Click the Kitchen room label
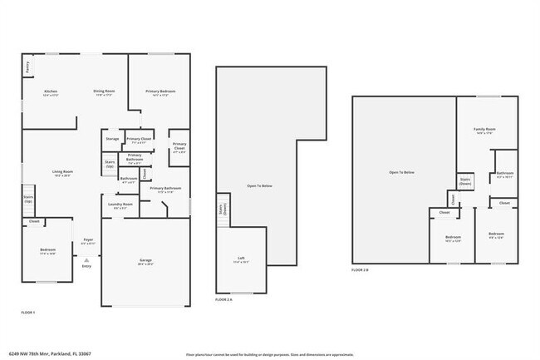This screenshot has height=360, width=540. click(x=51, y=91)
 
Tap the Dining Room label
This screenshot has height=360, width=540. click(x=104, y=91)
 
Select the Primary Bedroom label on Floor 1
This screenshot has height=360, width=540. click(x=159, y=91)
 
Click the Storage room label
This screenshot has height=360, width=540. click(x=112, y=139)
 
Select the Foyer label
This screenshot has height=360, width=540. click(x=87, y=241)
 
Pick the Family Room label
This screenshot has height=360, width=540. click(x=485, y=130)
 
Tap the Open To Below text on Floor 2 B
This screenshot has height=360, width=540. click(x=402, y=172)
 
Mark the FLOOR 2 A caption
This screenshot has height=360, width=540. click(x=223, y=298)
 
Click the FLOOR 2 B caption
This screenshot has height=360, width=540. click(x=361, y=270)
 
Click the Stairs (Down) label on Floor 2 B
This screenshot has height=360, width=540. click(x=465, y=182)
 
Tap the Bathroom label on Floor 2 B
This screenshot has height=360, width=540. click(x=505, y=175)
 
